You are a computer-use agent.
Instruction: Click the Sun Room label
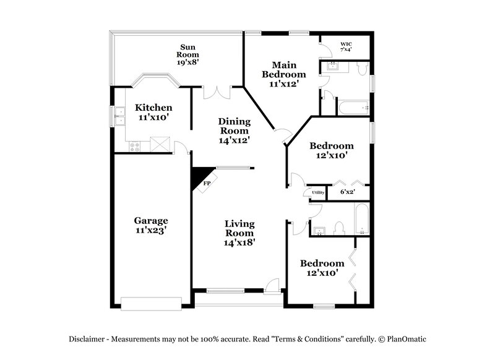(x=189, y=54)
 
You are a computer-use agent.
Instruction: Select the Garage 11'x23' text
(x=151, y=225)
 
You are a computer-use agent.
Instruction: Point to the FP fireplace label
(x=207, y=183)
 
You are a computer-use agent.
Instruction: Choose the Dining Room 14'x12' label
(x=233, y=131)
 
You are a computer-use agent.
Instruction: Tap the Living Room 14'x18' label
(x=239, y=233)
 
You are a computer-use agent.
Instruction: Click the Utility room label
(x=317, y=193)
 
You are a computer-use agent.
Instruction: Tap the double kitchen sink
(x=118, y=115)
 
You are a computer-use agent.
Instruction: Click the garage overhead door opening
(x=151, y=302)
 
